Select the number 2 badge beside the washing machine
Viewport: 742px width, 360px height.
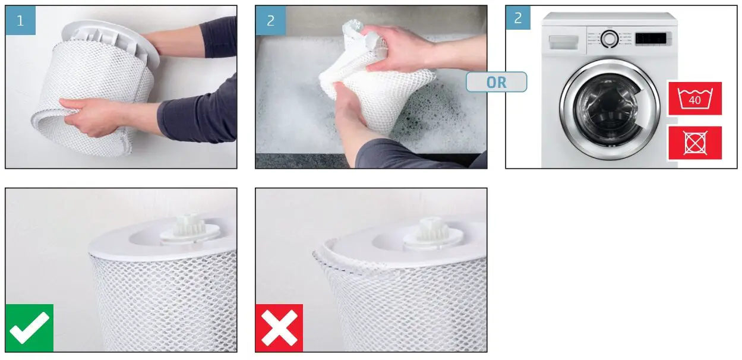[518, 18]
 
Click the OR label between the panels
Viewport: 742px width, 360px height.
[496, 82]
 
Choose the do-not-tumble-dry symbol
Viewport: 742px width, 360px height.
[694, 143]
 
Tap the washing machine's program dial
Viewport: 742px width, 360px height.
[608, 39]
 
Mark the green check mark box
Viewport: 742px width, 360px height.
[29, 328]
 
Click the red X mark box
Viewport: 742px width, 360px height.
[279, 328]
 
